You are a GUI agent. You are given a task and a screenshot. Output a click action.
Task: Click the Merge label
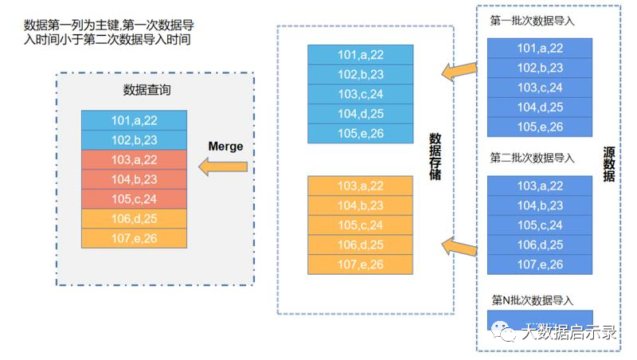(225, 147)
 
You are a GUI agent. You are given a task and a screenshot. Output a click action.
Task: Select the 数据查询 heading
(147, 90)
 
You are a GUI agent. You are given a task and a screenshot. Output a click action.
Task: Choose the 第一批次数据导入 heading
(532, 22)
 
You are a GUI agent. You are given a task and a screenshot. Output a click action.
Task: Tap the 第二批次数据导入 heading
(532, 158)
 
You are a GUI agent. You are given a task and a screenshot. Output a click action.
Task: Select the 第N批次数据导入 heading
(532, 300)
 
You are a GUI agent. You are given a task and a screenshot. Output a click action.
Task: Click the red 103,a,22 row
(134, 159)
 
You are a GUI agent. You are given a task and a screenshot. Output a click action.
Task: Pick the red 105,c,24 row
(134, 198)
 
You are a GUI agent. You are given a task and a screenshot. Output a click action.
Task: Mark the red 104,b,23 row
(134, 179)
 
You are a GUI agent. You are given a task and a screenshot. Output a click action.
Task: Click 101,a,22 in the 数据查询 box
(134, 120)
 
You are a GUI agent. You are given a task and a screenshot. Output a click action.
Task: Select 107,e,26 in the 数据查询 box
(134, 237)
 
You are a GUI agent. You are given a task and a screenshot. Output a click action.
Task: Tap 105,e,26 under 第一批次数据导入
(540, 127)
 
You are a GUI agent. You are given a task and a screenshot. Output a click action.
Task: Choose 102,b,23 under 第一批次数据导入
(540, 68)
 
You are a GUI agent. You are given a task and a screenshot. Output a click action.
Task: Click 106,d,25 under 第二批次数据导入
(540, 245)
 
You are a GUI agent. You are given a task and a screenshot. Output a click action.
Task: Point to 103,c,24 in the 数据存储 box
(360, 94)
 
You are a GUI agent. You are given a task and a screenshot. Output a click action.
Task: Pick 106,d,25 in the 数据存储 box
(360, 245)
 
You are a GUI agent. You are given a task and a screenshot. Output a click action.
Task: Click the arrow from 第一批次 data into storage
(459, 72)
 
